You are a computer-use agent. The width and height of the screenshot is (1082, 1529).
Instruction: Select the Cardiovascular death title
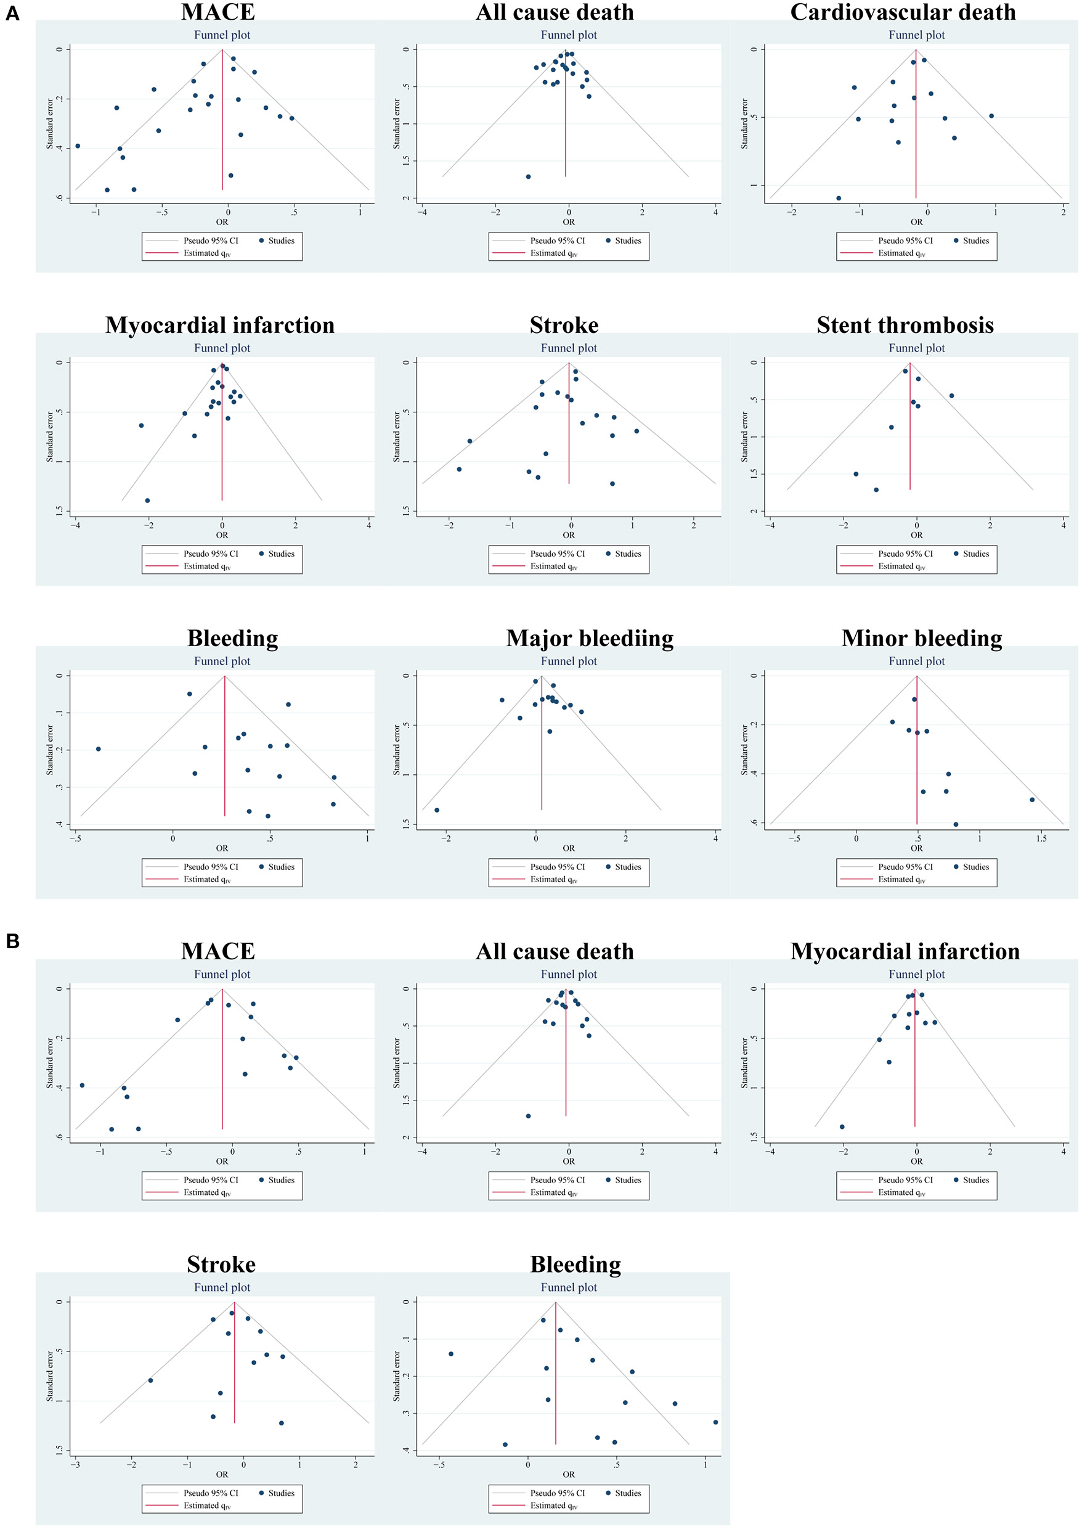pos(903,13)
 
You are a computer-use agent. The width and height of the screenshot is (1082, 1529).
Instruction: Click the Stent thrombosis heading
pos(905,326)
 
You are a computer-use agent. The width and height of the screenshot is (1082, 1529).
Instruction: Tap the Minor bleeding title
pos(921,639)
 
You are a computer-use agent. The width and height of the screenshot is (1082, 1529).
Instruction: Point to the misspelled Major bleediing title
pos(590,639)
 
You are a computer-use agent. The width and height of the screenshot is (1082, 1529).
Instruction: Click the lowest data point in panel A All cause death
pos(528,176)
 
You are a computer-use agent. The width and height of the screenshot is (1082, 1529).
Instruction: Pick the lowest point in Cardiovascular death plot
pos(839,198)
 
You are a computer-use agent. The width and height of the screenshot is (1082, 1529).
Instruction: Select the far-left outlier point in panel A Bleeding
pos(99,748)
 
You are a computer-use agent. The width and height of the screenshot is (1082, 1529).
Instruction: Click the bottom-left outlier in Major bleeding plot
pos(437,810)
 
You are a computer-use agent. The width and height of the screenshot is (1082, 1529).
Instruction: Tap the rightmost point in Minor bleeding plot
pos(1032,799)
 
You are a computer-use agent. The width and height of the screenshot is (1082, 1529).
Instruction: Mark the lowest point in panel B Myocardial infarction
pos(842,1126)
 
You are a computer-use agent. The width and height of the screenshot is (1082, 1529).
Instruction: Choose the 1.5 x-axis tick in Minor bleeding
pos(1041,838)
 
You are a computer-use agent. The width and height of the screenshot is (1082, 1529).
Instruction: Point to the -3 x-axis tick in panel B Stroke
pos(76,1464)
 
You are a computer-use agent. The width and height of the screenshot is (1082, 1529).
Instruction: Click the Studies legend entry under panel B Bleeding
pos(628,1493)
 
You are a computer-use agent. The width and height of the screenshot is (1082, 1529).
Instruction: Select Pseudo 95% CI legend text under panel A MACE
pos(211,240)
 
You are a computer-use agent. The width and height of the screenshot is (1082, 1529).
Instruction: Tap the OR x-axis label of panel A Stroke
pos(568,535)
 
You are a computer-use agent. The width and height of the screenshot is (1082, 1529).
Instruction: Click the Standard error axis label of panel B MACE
pos(50,1062)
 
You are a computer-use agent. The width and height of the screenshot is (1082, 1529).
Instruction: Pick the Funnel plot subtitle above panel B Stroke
pos(222,1287)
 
